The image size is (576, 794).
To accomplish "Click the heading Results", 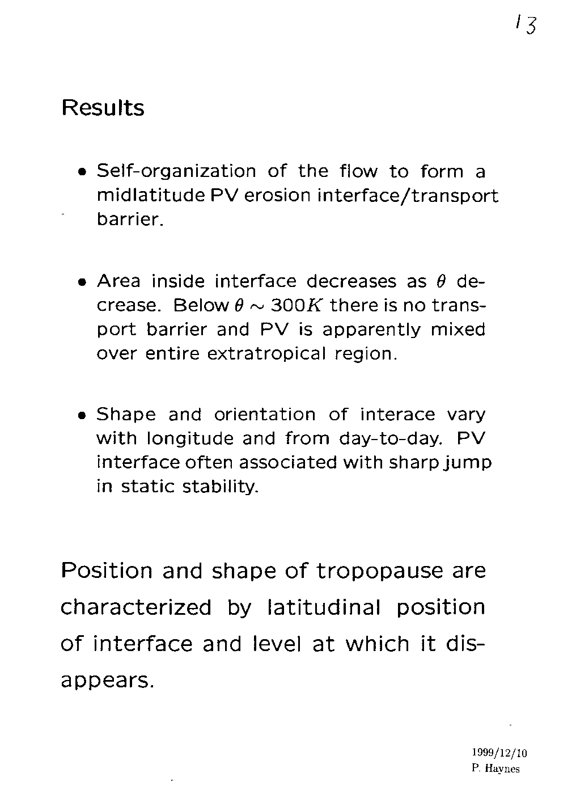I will [x=103, y=108].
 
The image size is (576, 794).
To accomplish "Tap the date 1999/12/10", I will [x=499, y=753].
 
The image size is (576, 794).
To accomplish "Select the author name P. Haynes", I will [x=495, y=769].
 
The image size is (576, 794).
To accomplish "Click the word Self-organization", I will [x=176, y=171].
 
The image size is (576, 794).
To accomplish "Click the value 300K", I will [x=297, y=306].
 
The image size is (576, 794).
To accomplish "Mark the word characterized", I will [x=135, y=607].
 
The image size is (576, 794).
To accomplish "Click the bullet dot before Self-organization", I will [x=83, y=172].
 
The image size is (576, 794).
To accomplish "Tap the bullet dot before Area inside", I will [x=83, y=282].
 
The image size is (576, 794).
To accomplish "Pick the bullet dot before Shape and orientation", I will [x=83, y=416].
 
